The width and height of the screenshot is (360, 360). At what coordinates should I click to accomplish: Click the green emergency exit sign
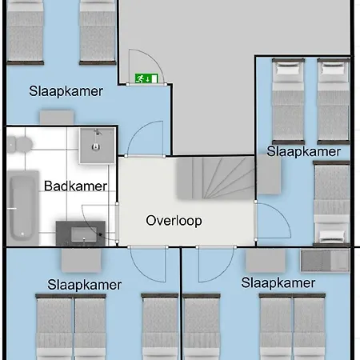[x=146, y=78]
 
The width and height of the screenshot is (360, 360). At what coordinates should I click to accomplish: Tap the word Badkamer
[x=75, y=186]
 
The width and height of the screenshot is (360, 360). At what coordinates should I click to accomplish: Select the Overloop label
[x=174, y=221]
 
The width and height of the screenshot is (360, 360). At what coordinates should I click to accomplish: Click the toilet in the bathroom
[x=19, y=145]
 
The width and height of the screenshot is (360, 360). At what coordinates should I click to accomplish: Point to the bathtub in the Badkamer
[x=22, y=208]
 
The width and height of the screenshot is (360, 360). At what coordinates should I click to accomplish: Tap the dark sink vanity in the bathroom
[x=81, y=234]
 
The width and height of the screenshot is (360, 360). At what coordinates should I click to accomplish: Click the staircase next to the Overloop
[x=215, y=178]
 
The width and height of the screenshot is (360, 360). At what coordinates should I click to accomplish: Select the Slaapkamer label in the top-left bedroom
[x=66, y=91]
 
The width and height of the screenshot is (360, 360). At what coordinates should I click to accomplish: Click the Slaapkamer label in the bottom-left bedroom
[x=84, y=285]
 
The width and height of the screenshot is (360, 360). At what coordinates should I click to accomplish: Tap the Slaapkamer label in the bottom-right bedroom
[x=278, y=283]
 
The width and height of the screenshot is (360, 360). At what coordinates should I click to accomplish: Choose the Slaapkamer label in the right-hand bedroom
[x=304, y=151]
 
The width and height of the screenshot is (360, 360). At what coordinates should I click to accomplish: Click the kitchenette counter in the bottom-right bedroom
[x=325, y=260]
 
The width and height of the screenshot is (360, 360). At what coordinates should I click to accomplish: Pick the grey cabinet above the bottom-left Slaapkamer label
[x=82, y=260]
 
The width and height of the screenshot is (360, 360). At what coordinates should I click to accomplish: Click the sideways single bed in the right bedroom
[x=331, y=203]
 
